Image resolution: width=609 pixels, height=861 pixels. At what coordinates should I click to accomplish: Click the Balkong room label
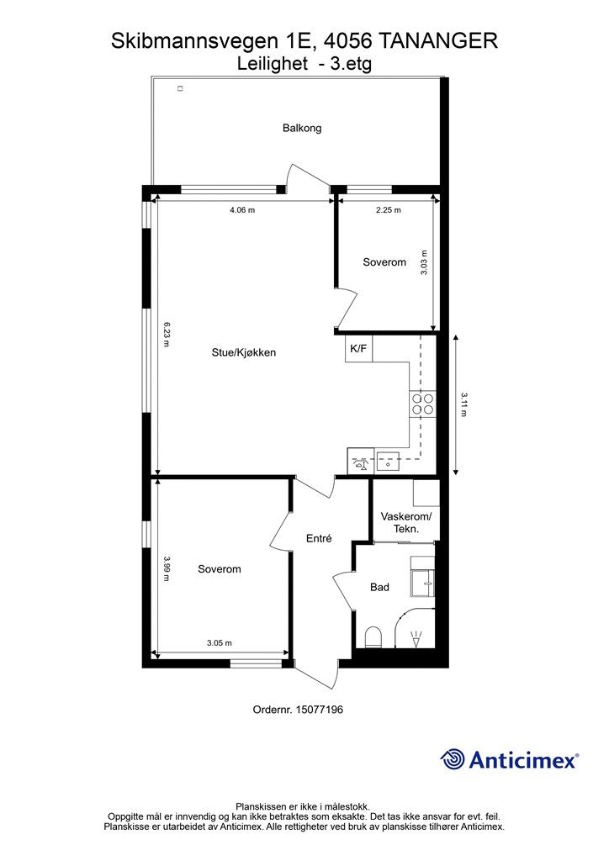302,128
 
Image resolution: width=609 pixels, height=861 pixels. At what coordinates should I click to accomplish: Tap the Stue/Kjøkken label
244,352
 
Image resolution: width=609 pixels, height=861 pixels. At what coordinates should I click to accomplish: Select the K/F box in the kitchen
358,348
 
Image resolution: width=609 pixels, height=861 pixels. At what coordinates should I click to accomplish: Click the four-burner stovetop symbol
421,404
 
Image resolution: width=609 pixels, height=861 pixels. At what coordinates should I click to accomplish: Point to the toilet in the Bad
373,637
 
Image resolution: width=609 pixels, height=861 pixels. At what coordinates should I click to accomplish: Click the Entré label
319,539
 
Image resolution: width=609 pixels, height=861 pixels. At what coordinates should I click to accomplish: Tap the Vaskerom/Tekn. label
406,523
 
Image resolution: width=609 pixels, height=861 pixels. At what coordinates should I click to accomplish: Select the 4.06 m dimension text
242,209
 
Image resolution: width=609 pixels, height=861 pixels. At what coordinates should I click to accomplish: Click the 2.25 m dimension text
389,209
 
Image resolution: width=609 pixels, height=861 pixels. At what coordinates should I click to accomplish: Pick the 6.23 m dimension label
167,335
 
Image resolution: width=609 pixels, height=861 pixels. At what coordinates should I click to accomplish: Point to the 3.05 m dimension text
219,643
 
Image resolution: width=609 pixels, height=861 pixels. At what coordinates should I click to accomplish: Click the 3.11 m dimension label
464,404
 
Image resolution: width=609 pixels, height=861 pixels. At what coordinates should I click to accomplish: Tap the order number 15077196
319,710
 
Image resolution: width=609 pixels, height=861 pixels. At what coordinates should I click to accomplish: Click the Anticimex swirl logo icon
453,759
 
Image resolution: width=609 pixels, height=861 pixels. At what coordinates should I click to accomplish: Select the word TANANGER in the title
439,41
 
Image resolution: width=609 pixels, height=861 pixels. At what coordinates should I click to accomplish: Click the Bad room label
379,587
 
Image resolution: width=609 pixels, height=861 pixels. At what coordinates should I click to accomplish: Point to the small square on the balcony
179,88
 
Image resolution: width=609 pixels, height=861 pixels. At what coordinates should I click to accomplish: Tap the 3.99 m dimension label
167,569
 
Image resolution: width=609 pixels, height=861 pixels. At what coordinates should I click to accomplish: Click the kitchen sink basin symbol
389,462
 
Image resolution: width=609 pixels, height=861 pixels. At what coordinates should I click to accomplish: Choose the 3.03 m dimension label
424,262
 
